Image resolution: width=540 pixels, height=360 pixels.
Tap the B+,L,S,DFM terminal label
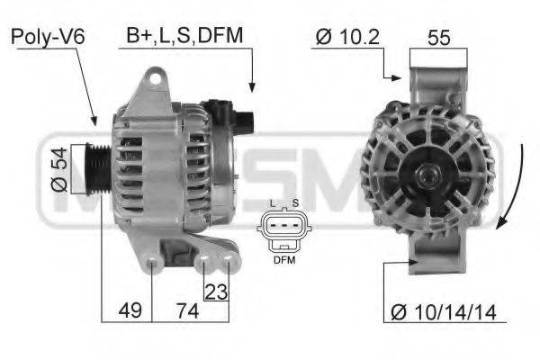[184, 35]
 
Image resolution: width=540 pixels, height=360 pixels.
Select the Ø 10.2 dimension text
[346, 37]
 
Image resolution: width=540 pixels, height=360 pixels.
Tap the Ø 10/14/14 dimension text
[444, 311]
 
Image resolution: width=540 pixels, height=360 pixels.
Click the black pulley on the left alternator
[96, 169]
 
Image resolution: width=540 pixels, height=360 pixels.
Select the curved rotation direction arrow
[510, 189]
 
